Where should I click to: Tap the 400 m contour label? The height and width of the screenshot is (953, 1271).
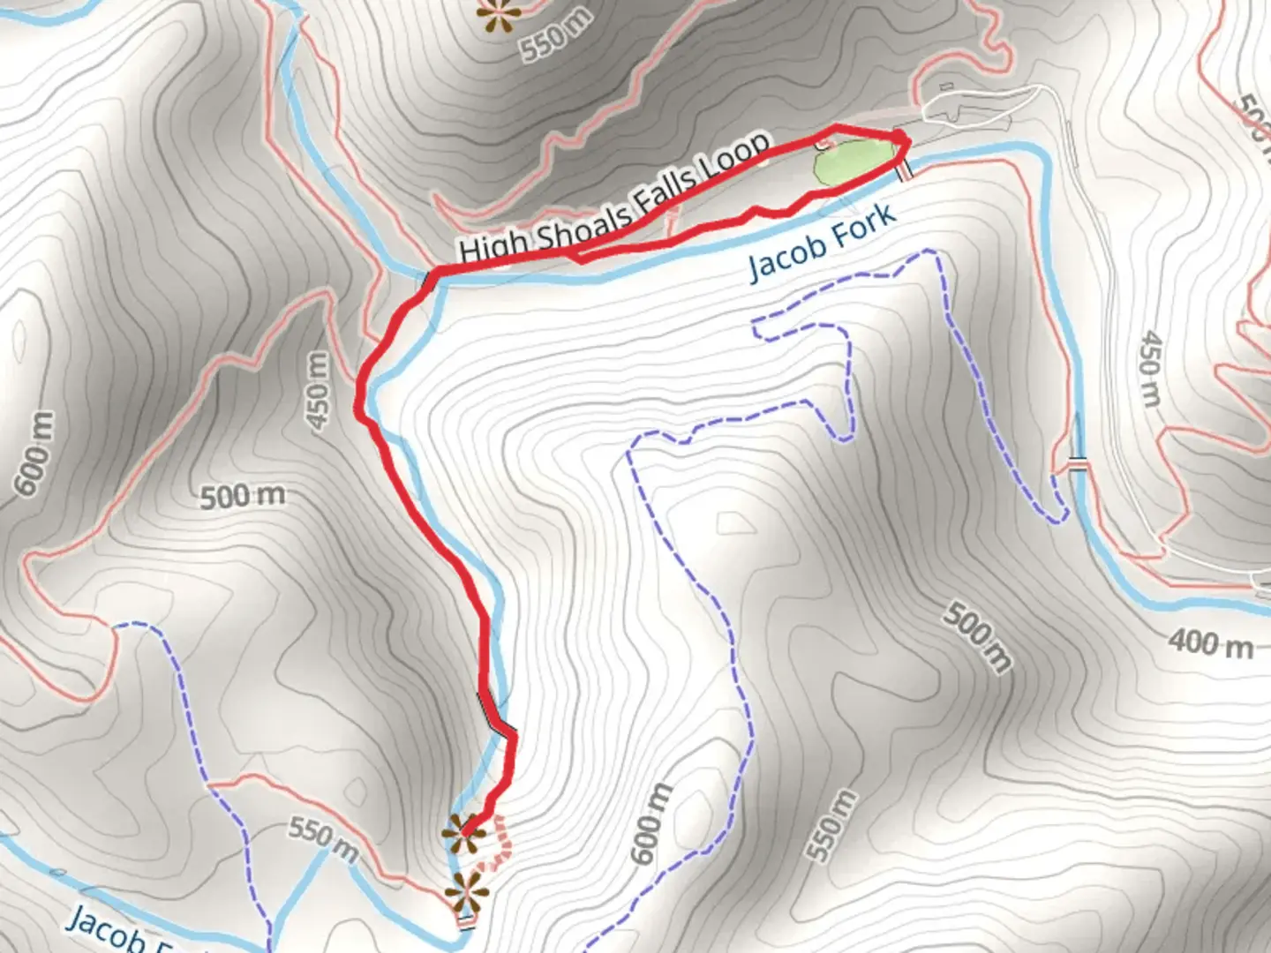(1211, 644)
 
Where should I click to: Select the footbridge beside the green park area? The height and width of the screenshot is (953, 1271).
(902, 171)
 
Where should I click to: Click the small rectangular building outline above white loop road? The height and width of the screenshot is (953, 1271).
(945, 87)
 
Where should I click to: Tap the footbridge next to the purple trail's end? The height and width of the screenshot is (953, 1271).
(1077, 464)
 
